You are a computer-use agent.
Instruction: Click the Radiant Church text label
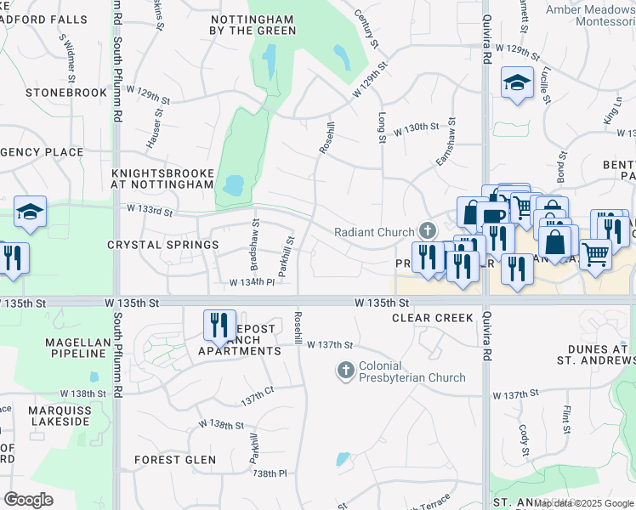(x=373, y=231)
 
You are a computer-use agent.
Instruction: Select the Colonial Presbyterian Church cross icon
(x=345, y=370)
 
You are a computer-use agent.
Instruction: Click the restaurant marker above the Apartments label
(x=219, y=325)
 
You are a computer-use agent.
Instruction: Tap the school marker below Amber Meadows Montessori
(x=517, y=83)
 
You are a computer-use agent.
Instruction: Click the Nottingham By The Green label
(x=253, y=24)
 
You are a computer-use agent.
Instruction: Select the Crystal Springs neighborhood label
(x=162, y=245)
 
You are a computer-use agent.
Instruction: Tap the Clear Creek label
(x=431, y=318)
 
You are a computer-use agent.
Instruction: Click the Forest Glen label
(x=175, y=460)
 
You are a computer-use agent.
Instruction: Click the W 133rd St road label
(x=150, y=207)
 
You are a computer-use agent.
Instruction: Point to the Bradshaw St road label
(x=254, y=232)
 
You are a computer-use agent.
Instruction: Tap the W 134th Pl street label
(x=253, y=281)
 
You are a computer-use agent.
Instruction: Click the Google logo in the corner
(x=29, y=499)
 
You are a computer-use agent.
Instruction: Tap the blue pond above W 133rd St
(x=232, y=184)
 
